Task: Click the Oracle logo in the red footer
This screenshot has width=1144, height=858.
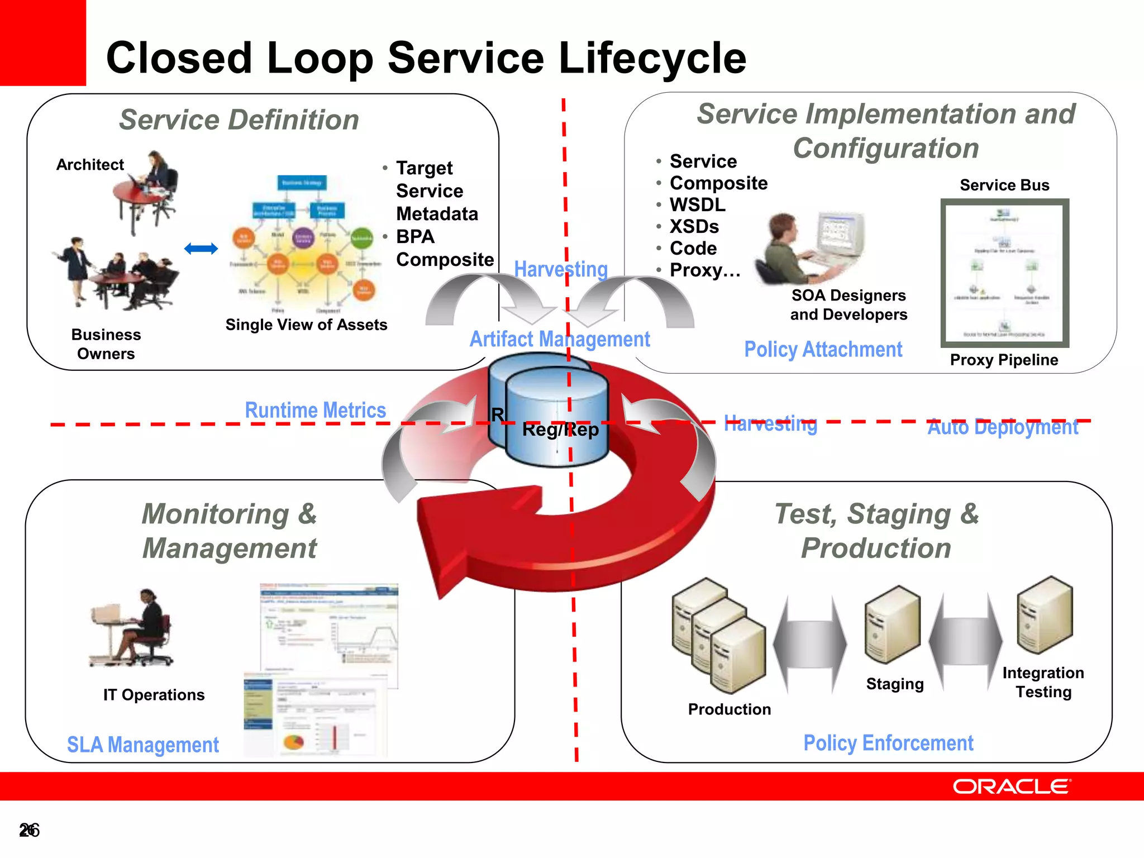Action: pyautogui.click(x=1012, y=786)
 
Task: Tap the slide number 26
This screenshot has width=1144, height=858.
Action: pyautogui.click(x=29, y=830)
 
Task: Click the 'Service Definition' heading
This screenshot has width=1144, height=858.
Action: pyautogui.click(x=239, y=120)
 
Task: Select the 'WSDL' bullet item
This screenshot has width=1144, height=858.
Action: pyautogui.click(x=697, y=205)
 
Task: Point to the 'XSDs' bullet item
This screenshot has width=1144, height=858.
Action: pyautogui.click(x=694, y=227)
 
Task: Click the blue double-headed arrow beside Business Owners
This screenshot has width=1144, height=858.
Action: pyautogui.click(x=201, y=249)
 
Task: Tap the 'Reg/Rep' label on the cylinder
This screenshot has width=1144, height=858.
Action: pyautogui.click(x=560, y=430)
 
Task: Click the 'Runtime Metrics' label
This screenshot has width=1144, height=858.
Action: pyautogui.click(x=316, y=411)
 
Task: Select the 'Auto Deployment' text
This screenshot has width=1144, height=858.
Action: pyautogui.click(x=1003, y=427)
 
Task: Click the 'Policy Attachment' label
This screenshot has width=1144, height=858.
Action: pyautogui.click(x=823, y=350)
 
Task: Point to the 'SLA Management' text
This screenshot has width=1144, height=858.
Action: pyautogui.click(x=143, y=745)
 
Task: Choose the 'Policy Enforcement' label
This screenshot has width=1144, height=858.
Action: pyautogui.click(x=888, y=743)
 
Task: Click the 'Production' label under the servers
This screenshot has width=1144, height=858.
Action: pyautogui.click(x=730, y=709)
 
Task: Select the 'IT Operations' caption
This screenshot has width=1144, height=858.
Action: pyautogui.click(x=154, y=695)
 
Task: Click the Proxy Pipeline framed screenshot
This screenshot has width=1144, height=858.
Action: pyautogui.click(x=1004, y=273)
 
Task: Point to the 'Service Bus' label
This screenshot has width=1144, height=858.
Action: pyautogui.click(x=1004, y=185)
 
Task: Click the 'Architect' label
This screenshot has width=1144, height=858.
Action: pyautogui.click(x=90, y=165)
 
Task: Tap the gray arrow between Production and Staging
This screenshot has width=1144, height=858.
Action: pyautogui.click(x=810, y=644)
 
